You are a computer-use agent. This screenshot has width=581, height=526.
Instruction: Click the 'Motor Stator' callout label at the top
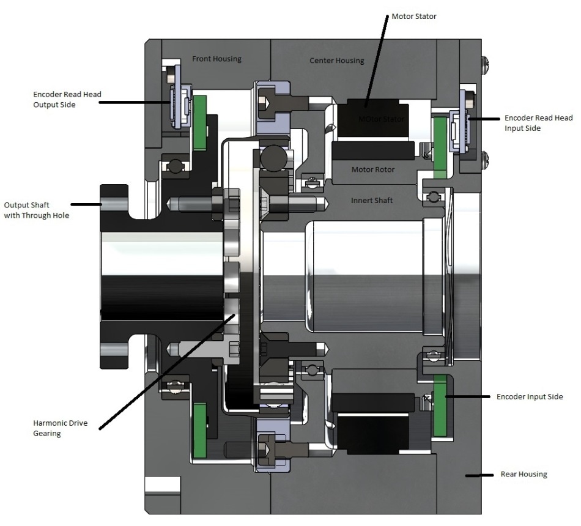pyautogui.click(x=414, y=16)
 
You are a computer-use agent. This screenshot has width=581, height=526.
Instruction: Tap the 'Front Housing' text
pyautogui.click(x=216, y=59)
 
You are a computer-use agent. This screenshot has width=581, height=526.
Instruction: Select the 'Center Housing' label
pyautogui.click(x=336, y=61)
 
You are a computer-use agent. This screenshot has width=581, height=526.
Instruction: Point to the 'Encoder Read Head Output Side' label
pyautogui.click(x=67, y=100)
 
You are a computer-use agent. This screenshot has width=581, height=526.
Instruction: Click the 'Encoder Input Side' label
pyautogui.click(x=530, y=397)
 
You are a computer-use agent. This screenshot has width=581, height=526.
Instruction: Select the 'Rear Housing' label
pyautogui.click(x=524, y=474)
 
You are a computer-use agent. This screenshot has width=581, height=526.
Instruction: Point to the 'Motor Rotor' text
pyautogui.click(x=372, y=169)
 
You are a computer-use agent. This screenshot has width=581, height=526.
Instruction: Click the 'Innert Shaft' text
pyautogui.click(x=371, y=200)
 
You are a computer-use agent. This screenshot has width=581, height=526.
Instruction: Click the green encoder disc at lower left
pyautogui.click(x=199, y=421)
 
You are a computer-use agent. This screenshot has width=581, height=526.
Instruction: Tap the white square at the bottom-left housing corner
pyautogui.click(x=163, y=485)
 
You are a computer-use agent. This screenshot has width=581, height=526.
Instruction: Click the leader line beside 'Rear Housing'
pyautogui.click(x=479, y=474)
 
